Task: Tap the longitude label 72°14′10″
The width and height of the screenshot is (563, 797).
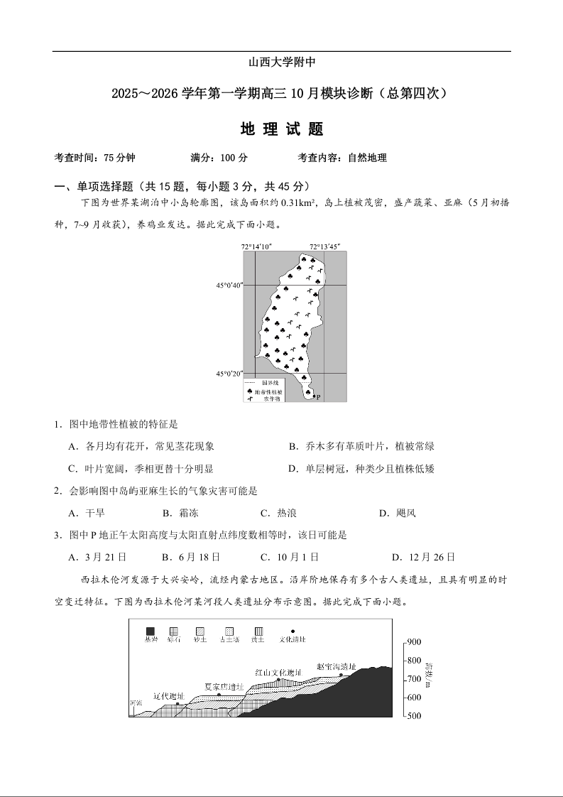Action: coord(256,246)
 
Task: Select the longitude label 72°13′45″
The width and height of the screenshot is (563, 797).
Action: coord(324,246)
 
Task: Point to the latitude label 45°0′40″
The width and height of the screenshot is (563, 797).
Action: coord(229,286)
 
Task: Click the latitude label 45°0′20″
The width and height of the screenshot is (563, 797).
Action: coord(229,374)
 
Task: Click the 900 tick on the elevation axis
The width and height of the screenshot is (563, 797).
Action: coord(414,642)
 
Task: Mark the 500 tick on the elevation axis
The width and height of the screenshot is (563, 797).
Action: coord(414,715)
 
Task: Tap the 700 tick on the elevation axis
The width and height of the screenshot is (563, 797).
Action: coord(414,679)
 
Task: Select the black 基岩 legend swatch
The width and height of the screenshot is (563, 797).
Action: coord(151,630)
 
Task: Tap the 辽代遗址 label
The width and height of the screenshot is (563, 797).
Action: coord(169,695)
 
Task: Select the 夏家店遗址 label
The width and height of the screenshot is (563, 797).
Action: coord(224,687)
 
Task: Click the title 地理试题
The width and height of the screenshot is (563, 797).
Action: coord(282,129)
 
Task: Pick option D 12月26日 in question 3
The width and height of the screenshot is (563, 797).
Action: coord(423,557)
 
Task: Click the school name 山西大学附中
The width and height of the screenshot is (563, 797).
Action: coord(282,63)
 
